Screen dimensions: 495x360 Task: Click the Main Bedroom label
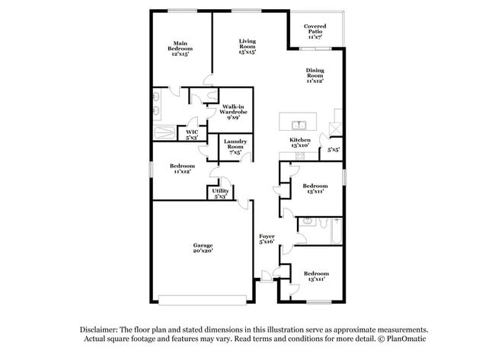click(x=180, y=49)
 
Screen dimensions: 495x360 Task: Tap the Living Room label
click(x=247, y=46)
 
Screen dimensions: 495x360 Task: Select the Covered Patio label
click(x=315, y=31)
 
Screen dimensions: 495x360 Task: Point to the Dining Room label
click(x=315, y=75)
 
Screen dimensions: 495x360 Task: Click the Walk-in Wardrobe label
click(x=233, y=112)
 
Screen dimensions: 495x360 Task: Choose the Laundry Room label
click(x=235, y=147)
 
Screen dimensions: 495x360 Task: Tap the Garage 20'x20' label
click(x=203, y=247)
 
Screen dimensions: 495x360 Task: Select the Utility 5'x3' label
click(x=220, y=193)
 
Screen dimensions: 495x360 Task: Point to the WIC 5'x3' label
click(x=192, y=135)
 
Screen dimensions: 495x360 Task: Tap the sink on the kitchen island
click(x=299, y=126)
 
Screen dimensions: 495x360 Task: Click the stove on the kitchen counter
click(x=300, y=155)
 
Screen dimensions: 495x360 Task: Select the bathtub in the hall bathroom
click(x=336, y=231)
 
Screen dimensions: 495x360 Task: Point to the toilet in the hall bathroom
click(x=323, y=223)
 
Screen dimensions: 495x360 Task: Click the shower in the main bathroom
click(x=164, y=132)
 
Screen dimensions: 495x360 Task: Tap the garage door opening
click(x=203, y=300)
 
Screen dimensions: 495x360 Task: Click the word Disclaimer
click(x=99, y=330)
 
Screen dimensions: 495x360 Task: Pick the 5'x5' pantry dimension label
click(x=334, y=150)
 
